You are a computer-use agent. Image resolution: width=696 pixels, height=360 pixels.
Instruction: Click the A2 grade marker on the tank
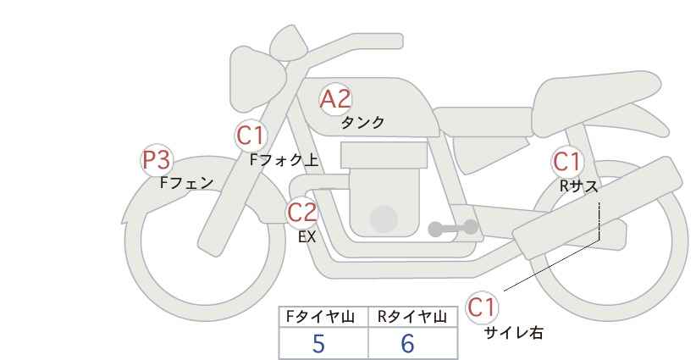click(x=335, y=99)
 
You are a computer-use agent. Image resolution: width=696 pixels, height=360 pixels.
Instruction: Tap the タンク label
click(x=362, y=122)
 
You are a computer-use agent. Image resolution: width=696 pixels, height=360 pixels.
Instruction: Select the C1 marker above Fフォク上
click(x=251, y=136)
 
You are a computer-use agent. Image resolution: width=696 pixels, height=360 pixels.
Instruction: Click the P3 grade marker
click(x=157, y=160)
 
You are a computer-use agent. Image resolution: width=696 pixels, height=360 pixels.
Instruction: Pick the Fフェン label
click(x=186, y=182)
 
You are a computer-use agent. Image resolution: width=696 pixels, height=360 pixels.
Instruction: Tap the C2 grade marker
click(x=301, y=212)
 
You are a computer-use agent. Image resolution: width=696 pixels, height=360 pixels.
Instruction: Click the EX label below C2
click(x=307, y=237)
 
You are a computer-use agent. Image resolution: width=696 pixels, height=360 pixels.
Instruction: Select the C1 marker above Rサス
click(x=567, y=162)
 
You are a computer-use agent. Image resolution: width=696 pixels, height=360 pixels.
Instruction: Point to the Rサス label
click(x=579, y=186)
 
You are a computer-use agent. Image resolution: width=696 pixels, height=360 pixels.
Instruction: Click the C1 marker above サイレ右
click(x=482, y=307)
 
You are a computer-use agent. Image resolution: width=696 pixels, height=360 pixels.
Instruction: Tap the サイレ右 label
click(x=514, y=333)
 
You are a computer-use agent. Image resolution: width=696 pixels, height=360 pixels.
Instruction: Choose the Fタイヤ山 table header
click(x=320, y=317)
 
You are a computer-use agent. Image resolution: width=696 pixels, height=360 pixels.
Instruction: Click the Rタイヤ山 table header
click(x=412, y=317)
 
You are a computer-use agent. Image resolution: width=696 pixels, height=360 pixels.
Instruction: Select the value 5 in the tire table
click(x=318, y=343)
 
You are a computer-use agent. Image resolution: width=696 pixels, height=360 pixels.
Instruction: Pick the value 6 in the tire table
click(x=407, y=343)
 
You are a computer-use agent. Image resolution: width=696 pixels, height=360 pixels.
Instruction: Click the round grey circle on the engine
click(x=384, y=219)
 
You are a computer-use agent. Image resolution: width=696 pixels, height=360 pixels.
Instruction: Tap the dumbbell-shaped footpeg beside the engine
click(x=453, y=228)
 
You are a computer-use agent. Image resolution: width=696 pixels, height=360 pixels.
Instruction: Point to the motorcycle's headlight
click(x=256, y=80)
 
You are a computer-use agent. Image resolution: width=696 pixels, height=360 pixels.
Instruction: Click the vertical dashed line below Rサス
click(x=599, y=221)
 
